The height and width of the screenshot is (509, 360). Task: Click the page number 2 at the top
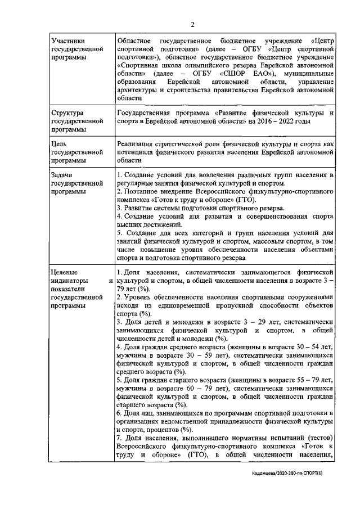pyautogui.click(x=192, y=24)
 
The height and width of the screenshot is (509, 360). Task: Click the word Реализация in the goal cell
pyautogui.click(x=138, y=144)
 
